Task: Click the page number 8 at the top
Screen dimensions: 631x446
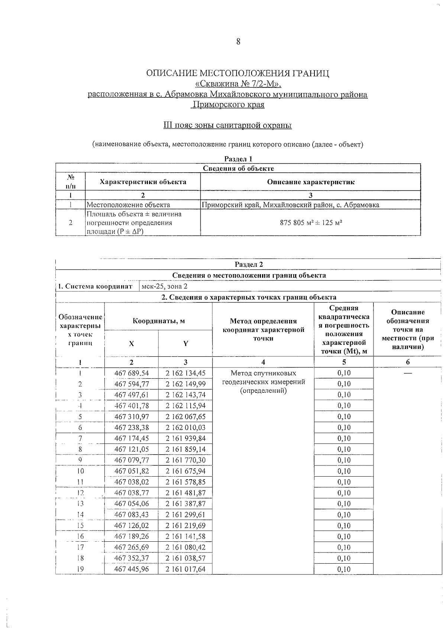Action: pyautogui.click(x=238, y=42)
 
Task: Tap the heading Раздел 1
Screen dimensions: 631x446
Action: pyautogui.click(x=238, y=158)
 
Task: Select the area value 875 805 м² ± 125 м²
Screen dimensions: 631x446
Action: pyautogui.click(x=311, y=223)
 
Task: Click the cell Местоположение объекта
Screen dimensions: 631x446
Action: pyautogui.click(x=129, y=205)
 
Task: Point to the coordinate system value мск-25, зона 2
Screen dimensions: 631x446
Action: pyautogui.click(x=165, y=286)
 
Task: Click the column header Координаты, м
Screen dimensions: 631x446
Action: pyautogui.click(x=159, y=321)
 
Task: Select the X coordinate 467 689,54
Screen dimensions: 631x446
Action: pyautogui.click(x=132, y=373)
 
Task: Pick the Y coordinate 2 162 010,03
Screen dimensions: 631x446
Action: pyautogui.click(x=185, y=427)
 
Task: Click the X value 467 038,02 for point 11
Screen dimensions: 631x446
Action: pyautogui.click(x=132, y=482)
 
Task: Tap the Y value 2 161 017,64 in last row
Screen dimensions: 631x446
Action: pyautogui.click(x=185, y=569)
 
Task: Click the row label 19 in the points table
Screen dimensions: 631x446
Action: pyautogui.click(x=80, y=569)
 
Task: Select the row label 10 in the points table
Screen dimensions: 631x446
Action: pyautogui.click(x=80, y=471)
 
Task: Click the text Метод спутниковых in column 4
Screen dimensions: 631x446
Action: pyautogui.click(x=263, y=373)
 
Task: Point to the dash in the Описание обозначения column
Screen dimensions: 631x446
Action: pyautogui.click(x=408, y=373)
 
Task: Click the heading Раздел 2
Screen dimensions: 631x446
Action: pyautogui.click(x=249, y=265)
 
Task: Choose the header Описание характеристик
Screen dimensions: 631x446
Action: pyautogui.click(x=310, y=182)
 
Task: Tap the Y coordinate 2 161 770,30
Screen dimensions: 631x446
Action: pyautogui.click(x=185, y=460)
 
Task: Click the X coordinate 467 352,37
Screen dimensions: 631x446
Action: pyautogui.click(x=132, y=558)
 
